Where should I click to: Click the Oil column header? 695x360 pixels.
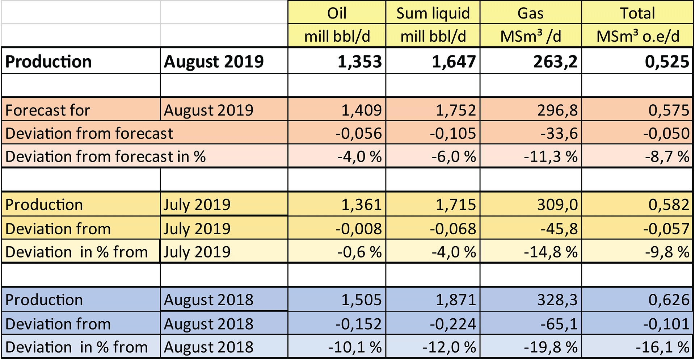(337, 13)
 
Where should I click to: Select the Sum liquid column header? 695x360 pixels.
(433, 13)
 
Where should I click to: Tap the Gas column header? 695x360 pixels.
(530, 13)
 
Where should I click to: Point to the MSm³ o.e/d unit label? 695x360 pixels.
(638, 36)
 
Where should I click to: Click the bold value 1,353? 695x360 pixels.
(359, 61)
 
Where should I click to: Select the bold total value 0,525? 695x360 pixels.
(667, 61)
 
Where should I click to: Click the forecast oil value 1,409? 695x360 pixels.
(361, 110)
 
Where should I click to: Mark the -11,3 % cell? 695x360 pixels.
(551, 156)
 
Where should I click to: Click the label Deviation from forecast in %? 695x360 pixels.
(105, 156)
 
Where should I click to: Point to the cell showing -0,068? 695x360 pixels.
(452, 229)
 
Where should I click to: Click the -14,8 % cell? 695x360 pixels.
(551, 252)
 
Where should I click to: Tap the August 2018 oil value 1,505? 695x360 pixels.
(361, 300)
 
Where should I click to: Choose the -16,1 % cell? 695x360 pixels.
(662, 347)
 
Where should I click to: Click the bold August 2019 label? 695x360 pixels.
(214, 61)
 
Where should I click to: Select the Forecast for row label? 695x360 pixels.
(47, 110)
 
